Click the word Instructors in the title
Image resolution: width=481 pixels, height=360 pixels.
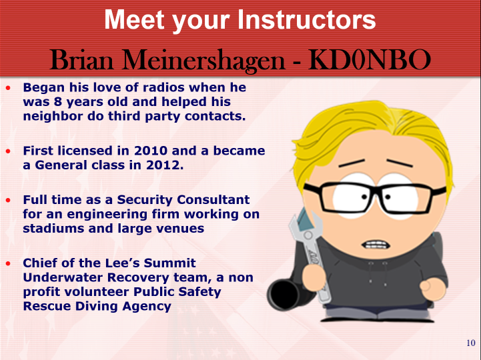306,19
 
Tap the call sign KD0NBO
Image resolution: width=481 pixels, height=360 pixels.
370,60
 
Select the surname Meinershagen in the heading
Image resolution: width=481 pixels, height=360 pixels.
204,61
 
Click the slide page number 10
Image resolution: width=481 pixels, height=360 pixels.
471,343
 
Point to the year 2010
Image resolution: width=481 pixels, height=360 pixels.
151,151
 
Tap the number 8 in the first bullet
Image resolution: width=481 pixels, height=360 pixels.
58,102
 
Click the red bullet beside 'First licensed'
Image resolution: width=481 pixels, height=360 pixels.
8,151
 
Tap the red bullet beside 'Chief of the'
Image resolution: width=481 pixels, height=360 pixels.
8,263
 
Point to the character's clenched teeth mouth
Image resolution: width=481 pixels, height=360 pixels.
376,245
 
